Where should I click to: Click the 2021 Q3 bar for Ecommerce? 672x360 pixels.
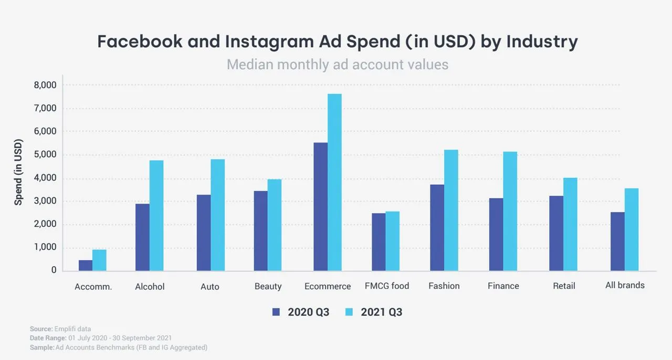(x=334, y=183)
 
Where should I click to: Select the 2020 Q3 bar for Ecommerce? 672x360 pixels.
(x=321, y=207)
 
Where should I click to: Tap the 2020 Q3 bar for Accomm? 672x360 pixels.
(x=86, y=266)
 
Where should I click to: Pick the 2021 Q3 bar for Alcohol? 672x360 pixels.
(x=156, y=216)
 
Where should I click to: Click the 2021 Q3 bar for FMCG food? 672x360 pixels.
(x=392, y=241)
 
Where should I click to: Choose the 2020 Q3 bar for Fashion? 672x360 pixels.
(x=437, y=228)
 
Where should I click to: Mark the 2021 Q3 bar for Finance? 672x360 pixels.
(x=510, y=211)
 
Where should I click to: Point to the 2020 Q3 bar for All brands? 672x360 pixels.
(x=618, y=242)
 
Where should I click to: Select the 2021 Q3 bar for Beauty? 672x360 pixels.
(x=275, y=225)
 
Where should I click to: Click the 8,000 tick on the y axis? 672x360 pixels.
(x=45, y=85)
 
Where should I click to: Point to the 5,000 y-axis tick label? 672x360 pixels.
(x=45, y=154)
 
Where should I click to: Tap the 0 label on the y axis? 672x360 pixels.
(x=54, y=270)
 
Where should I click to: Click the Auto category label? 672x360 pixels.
(x=209, y=287)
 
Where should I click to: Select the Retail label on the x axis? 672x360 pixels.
(x=564, y=286)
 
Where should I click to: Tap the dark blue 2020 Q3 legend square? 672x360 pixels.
(x=276, y=312)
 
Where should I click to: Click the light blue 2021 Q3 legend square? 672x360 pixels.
(x=349, y=312)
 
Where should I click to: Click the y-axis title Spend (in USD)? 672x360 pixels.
(x=18, y=172)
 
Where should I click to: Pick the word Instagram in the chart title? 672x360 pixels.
(x=269, y=42)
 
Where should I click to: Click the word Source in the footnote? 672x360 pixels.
(x=41, y=329)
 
